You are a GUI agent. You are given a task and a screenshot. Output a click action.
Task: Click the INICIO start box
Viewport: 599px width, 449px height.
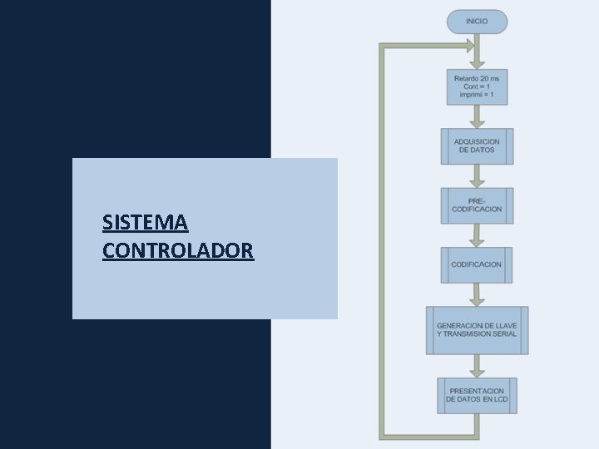point(477,21)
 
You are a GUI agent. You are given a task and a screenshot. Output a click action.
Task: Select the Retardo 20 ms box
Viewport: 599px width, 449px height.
point(477,86)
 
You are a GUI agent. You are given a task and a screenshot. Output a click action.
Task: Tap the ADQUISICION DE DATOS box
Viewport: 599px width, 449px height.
point(477,146)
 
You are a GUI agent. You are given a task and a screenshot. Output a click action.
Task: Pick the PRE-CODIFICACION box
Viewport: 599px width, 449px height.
point(477,205)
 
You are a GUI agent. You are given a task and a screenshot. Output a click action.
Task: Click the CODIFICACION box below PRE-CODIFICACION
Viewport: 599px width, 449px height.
point(477,264)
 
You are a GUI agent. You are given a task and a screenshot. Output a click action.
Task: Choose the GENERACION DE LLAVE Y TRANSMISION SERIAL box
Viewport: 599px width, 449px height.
point(477,330)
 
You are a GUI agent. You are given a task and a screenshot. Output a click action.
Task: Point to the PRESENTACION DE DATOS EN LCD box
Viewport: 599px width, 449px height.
point(477,395)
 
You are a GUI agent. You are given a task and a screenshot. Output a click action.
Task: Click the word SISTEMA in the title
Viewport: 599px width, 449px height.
point(145,223)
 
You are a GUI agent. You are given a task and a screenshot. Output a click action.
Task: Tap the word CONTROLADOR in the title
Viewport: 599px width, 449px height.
point(178,250)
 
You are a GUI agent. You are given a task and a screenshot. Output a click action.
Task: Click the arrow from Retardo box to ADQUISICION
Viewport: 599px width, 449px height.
point(477,116)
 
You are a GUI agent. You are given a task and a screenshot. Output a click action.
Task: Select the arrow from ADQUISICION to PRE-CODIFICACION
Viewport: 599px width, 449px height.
point(477,175)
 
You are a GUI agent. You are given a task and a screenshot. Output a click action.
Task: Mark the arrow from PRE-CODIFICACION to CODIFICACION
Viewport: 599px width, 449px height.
point(477,235)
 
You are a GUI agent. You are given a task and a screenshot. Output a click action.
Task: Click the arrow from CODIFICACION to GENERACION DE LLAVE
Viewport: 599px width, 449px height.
point(477,294)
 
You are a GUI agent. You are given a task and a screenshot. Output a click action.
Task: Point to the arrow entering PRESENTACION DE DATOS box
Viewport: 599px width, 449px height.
point(477,366)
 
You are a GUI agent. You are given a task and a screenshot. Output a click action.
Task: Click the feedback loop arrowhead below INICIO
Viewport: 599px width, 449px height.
point(471,47)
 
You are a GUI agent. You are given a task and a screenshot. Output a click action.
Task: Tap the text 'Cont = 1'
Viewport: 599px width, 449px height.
point(477,86)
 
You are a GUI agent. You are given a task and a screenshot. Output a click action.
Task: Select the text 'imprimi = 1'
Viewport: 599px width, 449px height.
point(477,95)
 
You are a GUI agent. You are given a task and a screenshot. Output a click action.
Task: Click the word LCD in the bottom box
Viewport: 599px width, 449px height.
point(500,400)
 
